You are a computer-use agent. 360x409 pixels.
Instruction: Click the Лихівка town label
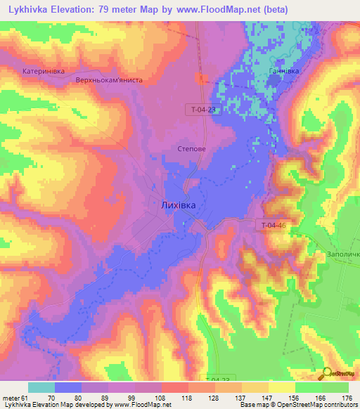click(x=178, y=205)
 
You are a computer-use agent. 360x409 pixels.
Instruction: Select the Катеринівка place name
click(x=44, y=71)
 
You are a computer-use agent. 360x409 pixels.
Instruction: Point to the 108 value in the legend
click(x=161, y=398)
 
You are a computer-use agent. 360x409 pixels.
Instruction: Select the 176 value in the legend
click(x=347, y=398)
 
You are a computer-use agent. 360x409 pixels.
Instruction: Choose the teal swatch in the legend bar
click(x=41, y=387)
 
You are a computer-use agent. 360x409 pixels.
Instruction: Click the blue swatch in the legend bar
click(x=68, y=387)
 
